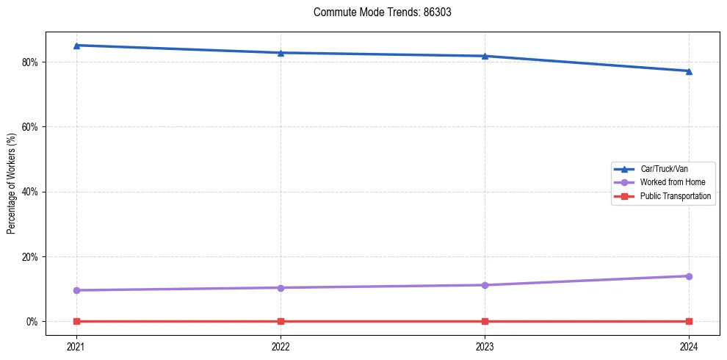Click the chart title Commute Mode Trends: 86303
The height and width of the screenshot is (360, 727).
tap(377, 12)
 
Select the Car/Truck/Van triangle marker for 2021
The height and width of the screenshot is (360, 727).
tap(76, 46)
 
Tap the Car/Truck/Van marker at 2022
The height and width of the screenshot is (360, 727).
tap(281, 53)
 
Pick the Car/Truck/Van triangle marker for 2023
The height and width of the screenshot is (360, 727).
tap(485, 56)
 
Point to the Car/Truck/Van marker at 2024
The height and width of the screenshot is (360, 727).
tap(689, 71)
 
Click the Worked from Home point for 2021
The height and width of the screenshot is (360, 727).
tap(76, 290)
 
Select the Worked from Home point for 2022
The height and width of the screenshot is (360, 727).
tap(281, 287)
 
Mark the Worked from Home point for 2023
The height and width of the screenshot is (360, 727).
tap(485, 285)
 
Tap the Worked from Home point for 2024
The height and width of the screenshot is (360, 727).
tap(689, 276)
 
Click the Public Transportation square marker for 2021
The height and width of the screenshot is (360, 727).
tap(76, 321)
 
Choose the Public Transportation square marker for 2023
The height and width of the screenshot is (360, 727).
tap(485, 321)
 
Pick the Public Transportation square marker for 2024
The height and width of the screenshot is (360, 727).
tap(689, 321)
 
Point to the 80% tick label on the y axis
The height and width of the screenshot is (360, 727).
tap(31, 62)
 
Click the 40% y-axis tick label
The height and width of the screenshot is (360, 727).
tap(31, 192)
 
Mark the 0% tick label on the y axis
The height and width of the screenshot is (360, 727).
tap(33, 322)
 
